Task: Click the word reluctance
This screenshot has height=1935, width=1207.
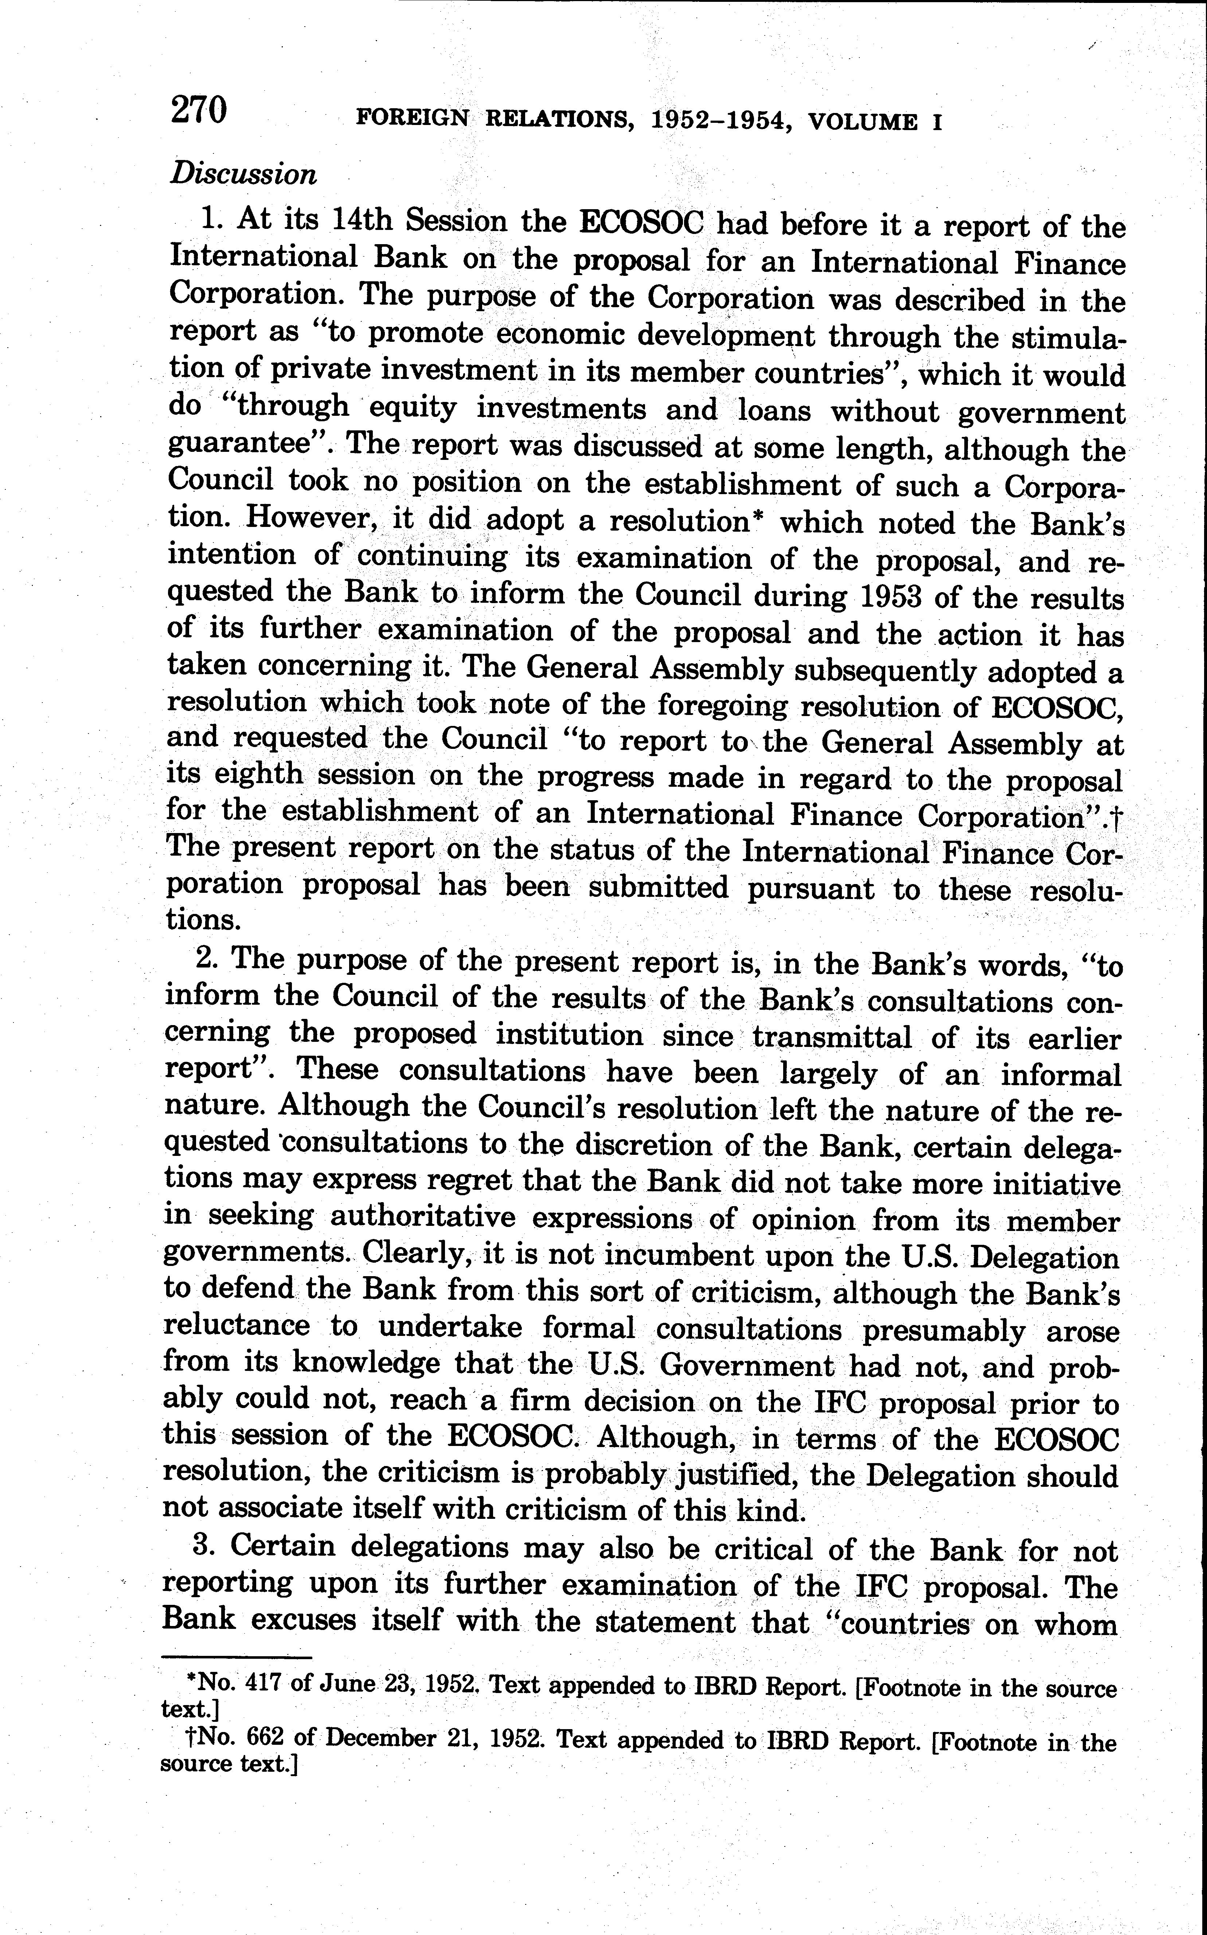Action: tap(236, 1326)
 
